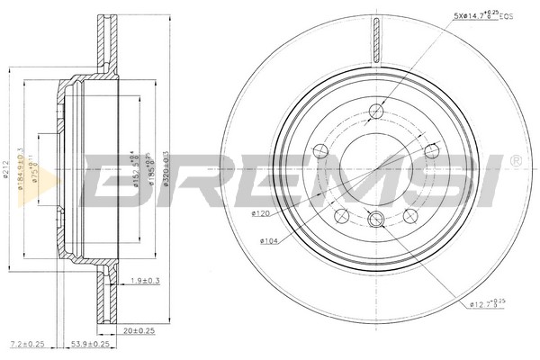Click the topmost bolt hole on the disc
(375, 111)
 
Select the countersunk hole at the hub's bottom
(375, 215)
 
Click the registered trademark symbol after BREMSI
(515, 161)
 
